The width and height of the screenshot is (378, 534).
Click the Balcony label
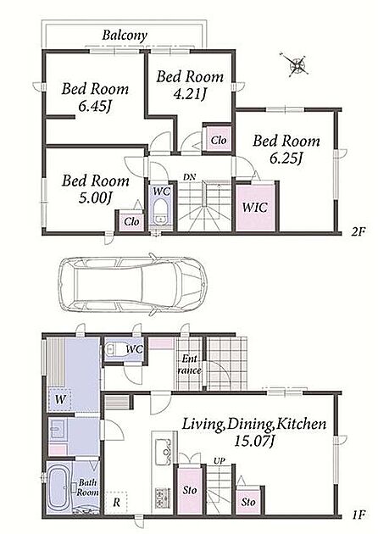(125, 36)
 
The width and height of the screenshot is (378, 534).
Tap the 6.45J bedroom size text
(95, 107)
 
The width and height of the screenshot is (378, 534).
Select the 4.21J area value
(190, 93)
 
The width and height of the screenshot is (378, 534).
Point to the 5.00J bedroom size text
(96, 197)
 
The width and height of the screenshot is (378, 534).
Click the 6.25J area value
(286, 158)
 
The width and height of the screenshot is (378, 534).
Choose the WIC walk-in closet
(255, 208)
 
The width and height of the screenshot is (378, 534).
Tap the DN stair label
(189, 177)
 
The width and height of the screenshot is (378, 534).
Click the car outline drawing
(133, 284)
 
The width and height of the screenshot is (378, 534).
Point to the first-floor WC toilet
(116, 349)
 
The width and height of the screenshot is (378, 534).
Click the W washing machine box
(60, 400)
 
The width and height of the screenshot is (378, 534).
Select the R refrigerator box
(116, 503)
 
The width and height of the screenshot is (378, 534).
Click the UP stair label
(219, 461)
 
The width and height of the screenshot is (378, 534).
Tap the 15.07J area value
(254, 442)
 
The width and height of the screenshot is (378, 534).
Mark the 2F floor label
(359, 232)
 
